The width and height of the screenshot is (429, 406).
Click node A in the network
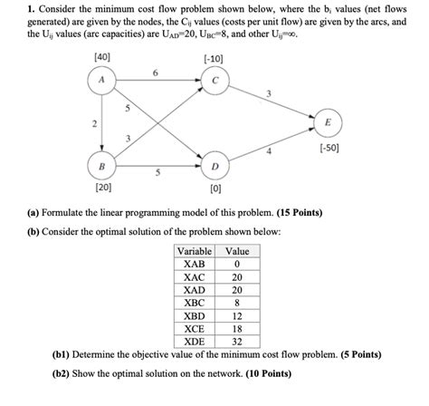tap(100, 81)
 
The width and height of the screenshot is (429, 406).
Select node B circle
tap(100, 168)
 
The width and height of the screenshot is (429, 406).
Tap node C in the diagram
tap(214, 81)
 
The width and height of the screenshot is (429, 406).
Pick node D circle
tap(214, 168)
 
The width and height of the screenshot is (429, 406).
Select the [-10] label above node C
tap(214, 59)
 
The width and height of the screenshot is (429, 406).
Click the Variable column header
tap(194, 251)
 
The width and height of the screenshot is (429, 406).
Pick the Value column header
tap(236, 251)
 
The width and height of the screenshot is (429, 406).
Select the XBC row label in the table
tap(194, 303)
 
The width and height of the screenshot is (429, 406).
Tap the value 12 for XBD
tap(236, 315)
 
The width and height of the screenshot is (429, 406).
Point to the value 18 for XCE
tap(236, 328)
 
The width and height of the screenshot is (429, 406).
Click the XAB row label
tap(194, 265)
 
